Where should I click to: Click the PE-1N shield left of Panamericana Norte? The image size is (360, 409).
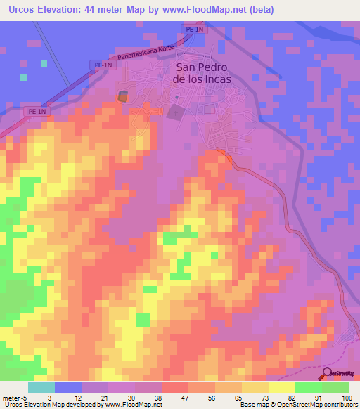pyautogui.click(x=103, y=64)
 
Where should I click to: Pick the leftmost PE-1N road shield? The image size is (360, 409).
pyautogui.click(x=36, y=111)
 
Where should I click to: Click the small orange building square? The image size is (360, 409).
pyautogui.click(x=123, y=96)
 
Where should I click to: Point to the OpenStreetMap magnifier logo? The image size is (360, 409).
pyautogui.click(x=328, y=373)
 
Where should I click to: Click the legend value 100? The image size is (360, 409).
pyautogui.click(x=347, y=397)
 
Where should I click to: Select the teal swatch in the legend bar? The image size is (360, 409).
pyautogui.click(x=41, y=387)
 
